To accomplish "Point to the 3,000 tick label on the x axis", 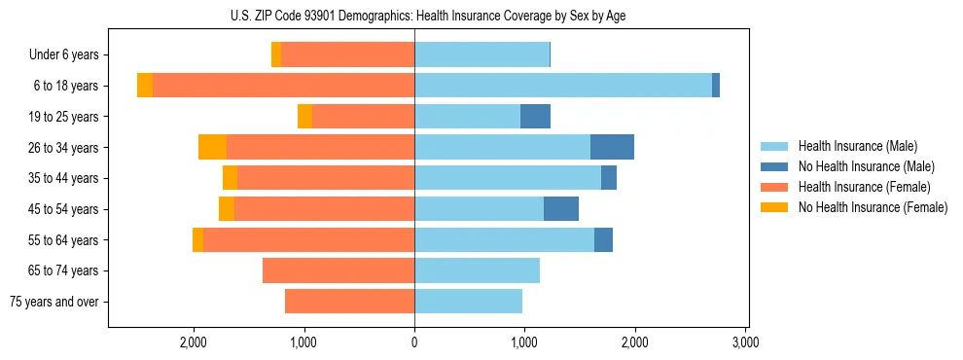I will pos(745,342).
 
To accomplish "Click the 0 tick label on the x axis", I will pos(414,342).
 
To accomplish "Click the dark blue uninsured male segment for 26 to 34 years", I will pos(612,147).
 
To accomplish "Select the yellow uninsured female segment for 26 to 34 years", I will pos(212,147).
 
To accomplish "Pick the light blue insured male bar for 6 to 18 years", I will pos(563,86).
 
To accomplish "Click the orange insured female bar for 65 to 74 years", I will pos(339,270).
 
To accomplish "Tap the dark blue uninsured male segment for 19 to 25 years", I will pos(535,117).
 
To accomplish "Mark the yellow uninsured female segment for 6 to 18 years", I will pos(145,86).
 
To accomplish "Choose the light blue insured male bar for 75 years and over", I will pos(468,302).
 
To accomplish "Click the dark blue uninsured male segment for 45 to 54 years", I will pos(560,209).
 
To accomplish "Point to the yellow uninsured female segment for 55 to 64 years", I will pos(197,239).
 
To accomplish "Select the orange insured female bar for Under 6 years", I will pos(347,55).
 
